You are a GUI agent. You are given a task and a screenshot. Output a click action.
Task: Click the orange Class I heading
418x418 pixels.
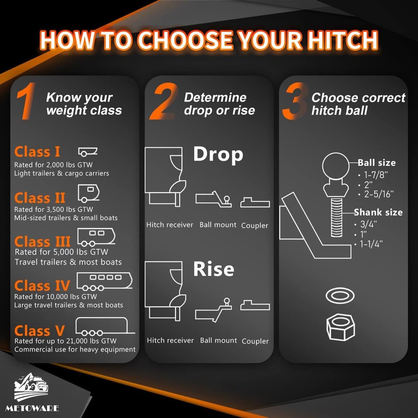click(x=37, y=152)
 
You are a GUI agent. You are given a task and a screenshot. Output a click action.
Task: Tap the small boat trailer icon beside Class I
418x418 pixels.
click(x=88, y=152)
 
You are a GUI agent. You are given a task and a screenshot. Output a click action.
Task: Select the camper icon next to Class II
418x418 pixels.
click(x=88, y=193)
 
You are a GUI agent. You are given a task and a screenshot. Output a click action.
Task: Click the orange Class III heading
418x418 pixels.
click(x=42, y=241)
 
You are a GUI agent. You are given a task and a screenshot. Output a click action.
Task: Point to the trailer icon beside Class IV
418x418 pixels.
click(x=104, y=281)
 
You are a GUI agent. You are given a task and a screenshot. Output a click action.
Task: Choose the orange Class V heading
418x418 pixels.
click(x=39, y=331)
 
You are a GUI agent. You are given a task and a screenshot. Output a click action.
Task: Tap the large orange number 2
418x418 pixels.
click(x=164, y=101)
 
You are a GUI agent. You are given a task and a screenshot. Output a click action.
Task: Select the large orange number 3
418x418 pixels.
click(x=295, y=101)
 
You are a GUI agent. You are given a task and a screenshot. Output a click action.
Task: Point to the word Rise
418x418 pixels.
click(x=214, y=269)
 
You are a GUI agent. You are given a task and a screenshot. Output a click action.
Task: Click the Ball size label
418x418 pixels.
click(x=377, y=163)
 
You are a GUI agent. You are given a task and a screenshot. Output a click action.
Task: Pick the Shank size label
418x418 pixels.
click(x=378, y=212)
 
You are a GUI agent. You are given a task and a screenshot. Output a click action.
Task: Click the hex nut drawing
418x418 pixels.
click(x=341, y=327)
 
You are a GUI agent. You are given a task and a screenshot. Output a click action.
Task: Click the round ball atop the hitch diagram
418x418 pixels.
click(x=336, y=166)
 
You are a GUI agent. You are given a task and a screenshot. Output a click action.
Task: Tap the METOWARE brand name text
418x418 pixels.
click(x=32, y=409)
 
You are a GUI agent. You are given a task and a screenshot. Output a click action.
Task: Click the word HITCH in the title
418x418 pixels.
click(x=343, y=40)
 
